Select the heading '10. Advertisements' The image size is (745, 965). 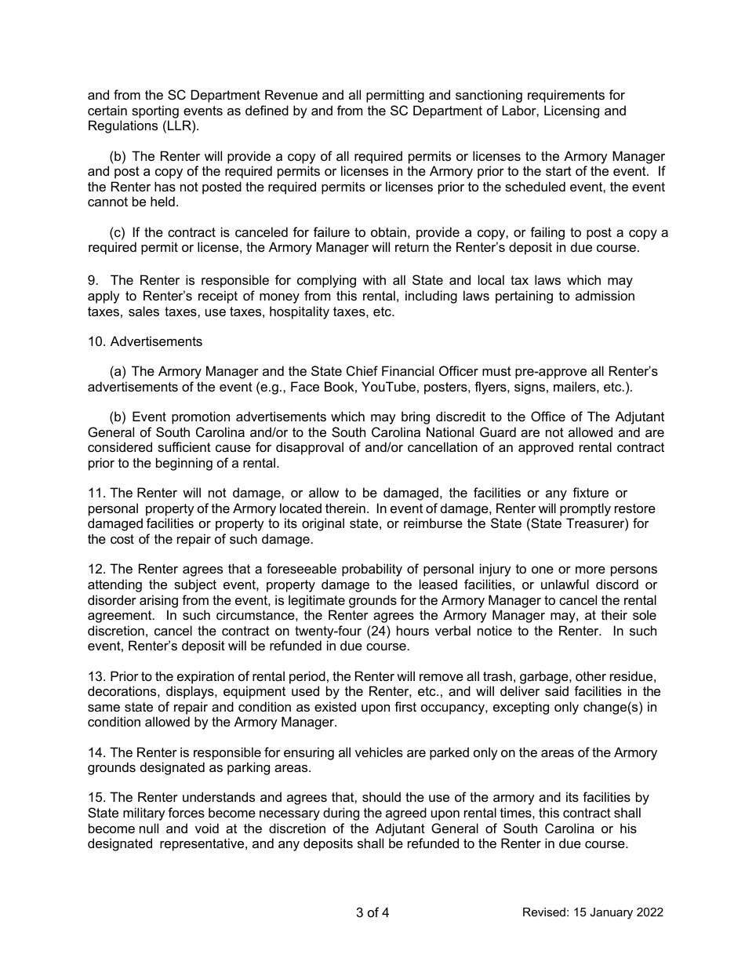pyautogui.click(x=145, y=341)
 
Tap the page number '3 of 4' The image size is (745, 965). pyautogui.click(x=372, y=912)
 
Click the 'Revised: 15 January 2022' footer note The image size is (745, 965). pyautogui.click(x=593, y=912)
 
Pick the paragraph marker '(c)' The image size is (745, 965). pyautogui.click(x=118, y=232)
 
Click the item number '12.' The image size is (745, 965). pyautogui.click(x=97, y=569)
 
